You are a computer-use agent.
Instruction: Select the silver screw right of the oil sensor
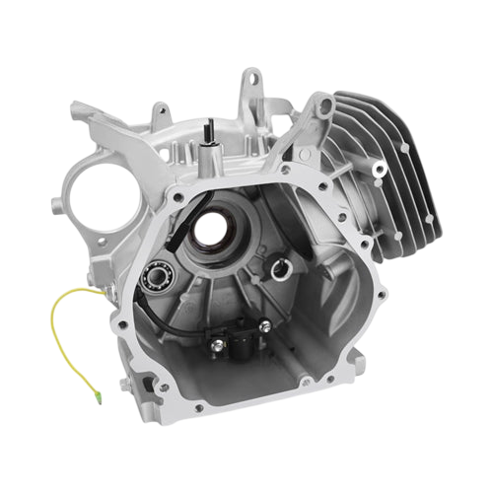[x=265, y=325]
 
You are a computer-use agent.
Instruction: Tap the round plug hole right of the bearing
[x=280, y=264]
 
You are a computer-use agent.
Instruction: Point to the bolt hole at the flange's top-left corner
[x=176, y=197]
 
